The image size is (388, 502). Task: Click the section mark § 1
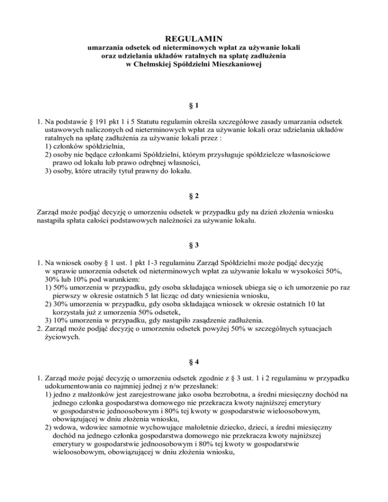193,107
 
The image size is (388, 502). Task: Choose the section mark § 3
193,245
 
